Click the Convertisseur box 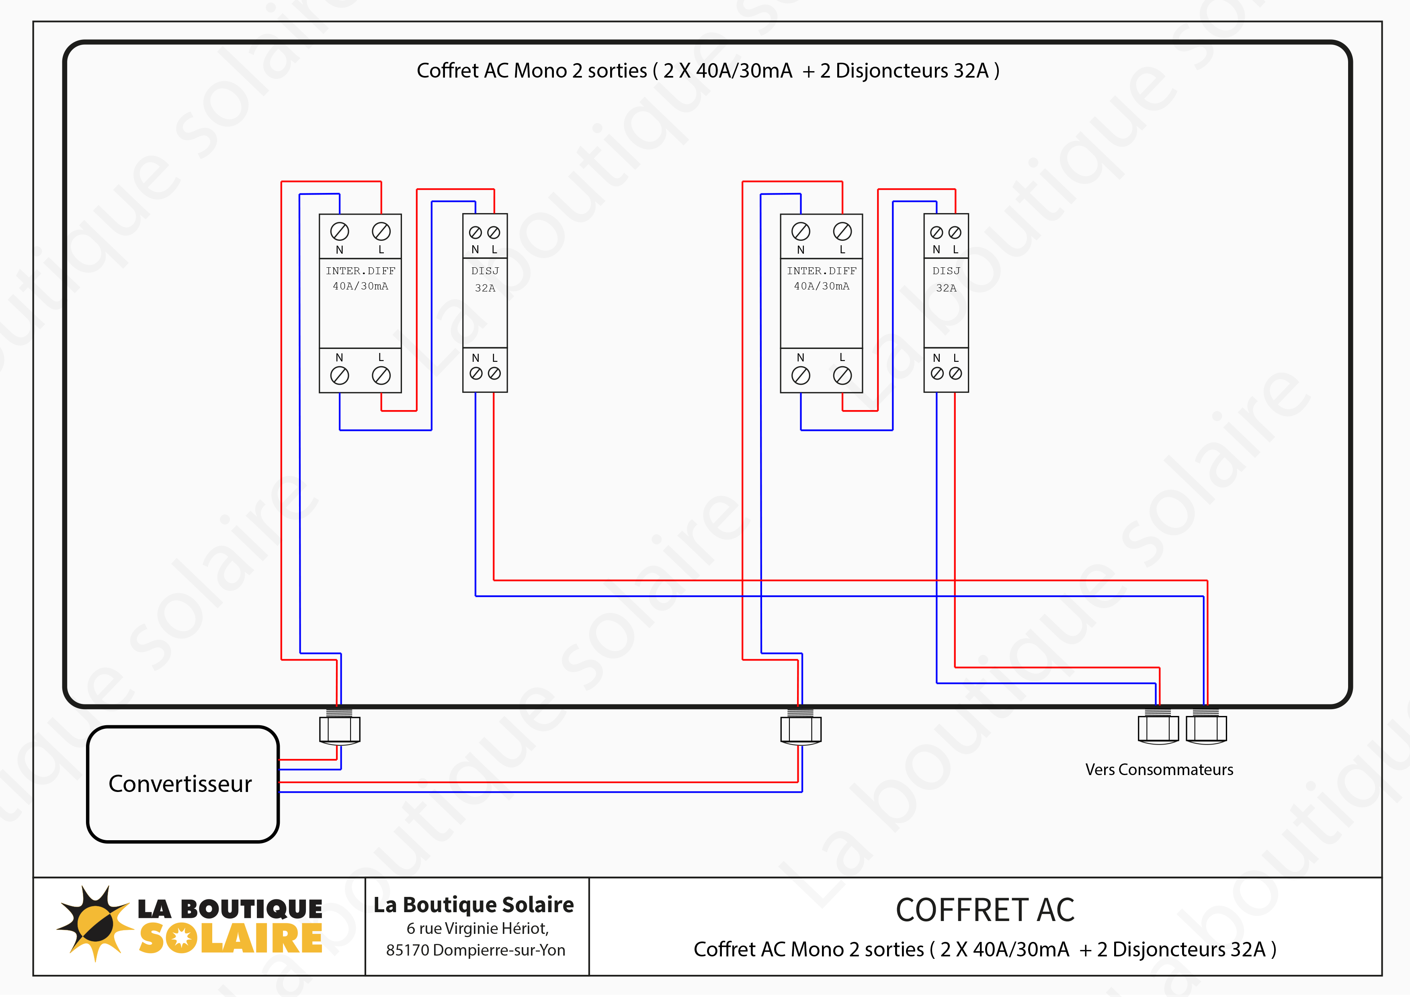(182, 784)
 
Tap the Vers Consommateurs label (1158, 770)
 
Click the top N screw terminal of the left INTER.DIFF (340, 232)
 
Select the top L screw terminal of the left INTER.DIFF (381, 232)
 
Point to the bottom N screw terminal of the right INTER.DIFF (801, 375)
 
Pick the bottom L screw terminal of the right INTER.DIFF (842, 375)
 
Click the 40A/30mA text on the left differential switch (361, 286)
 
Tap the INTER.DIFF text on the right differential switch (822, 271)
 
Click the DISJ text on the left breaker (485, 271)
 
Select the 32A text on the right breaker (946, 288)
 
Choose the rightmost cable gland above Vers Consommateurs (1206, 728)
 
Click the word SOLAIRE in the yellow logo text (231, 939)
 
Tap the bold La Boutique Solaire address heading (473, 905)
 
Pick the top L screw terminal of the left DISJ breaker (494, 233)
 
